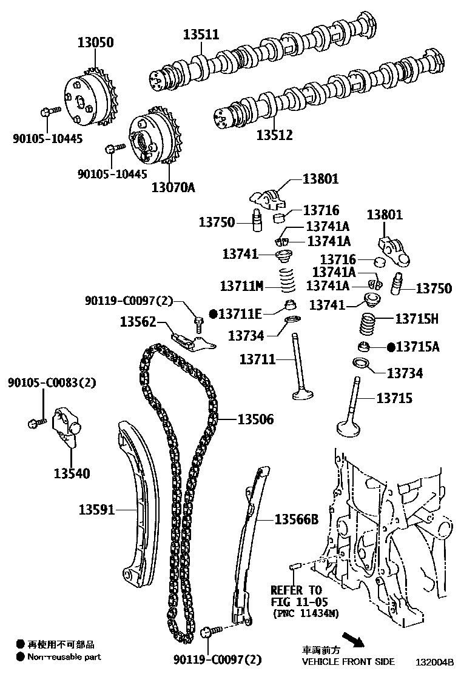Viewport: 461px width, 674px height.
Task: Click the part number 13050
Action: click(95, 43)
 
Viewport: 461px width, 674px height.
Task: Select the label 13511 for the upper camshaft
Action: click(201, 35)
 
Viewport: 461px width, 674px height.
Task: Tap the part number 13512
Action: click(274, 135)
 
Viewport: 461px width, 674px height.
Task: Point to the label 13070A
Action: click(173, 187)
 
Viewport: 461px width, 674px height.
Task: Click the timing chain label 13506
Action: click(255, 419)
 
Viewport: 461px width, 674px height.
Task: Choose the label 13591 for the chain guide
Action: click(96, 510)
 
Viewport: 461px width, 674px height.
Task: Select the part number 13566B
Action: click(296, 519)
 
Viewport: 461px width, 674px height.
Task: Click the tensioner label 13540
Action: click(71, 473)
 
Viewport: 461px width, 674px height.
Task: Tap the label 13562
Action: click(137, 321)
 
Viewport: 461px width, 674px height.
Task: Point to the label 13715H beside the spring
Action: click(417, 318)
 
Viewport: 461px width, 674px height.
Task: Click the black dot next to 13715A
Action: click(391, 347)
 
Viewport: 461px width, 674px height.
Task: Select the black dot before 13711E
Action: click(213, 313)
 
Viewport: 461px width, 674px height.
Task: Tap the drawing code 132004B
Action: click(434, 661)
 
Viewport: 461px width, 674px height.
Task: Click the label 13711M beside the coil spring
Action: click(241, 285)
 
